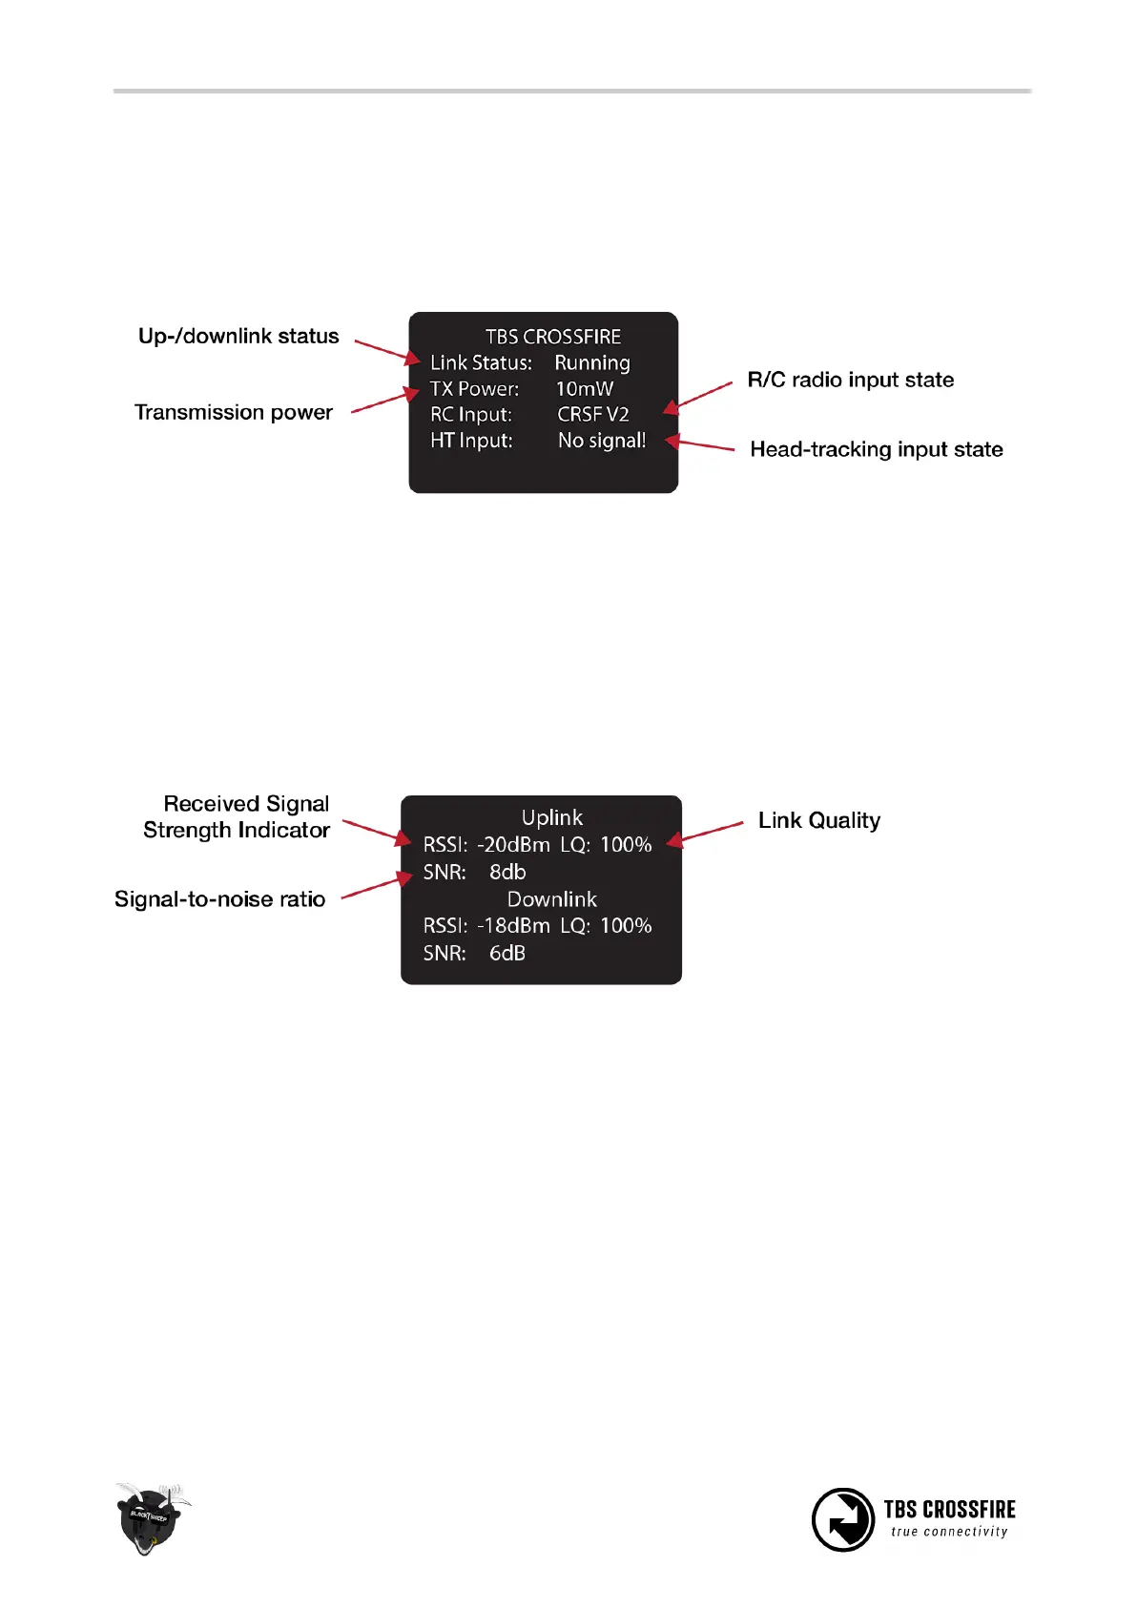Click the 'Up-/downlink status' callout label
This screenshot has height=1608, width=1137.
tap(238, 337)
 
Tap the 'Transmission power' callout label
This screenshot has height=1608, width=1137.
tap(234, 413)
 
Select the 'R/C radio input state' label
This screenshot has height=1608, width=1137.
tap(850, 381)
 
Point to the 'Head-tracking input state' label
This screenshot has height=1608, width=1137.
tap(876, 450)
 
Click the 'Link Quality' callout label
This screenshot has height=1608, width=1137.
tap(818, 821)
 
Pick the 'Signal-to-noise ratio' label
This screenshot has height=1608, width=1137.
tap(219, 899)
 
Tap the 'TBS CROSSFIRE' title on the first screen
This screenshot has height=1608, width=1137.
tap(552, 337)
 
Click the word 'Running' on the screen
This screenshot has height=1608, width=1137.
tap(591, 363)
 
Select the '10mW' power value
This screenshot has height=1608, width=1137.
tap(584, 389)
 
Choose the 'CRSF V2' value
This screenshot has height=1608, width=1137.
tap(592, 415)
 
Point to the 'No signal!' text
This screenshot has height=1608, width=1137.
tap(601, 441)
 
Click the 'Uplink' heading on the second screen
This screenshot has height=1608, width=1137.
tap(551, 817)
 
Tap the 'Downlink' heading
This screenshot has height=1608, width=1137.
tap(551, 899)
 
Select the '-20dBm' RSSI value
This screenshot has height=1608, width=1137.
tap(513, 845)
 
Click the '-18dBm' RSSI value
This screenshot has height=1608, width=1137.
tap(513, 926)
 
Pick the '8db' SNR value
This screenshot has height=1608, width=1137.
tap(506, 872)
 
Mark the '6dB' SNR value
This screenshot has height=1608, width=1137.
tap(506, 953)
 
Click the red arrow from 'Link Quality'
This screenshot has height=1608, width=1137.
tap(706, 832)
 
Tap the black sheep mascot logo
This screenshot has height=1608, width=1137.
tap(150, 1517)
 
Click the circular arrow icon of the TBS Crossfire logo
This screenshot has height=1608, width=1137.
tap(842, 1519)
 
